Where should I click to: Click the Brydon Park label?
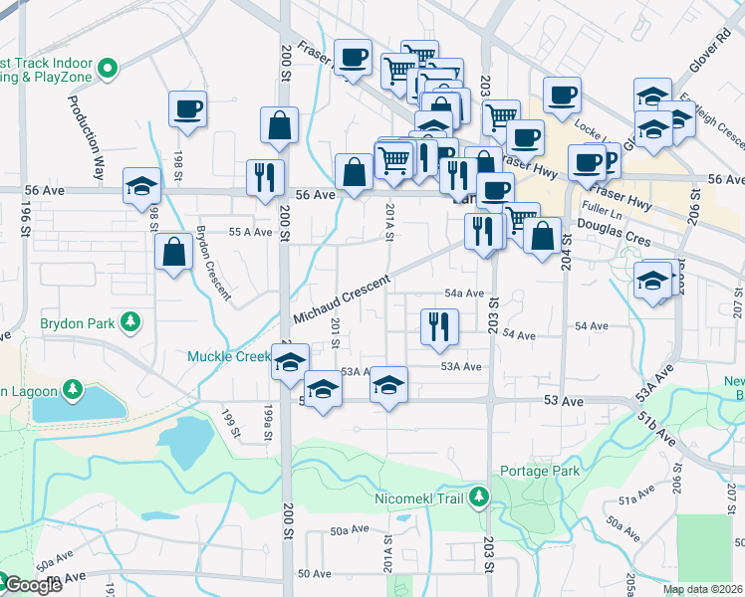[77, 323]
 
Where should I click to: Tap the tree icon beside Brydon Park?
[128, 322]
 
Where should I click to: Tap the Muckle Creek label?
[229, 356]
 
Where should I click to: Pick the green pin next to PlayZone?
[109, 70]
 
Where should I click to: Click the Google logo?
[32, 585]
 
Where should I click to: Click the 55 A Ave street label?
[250, 232]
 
